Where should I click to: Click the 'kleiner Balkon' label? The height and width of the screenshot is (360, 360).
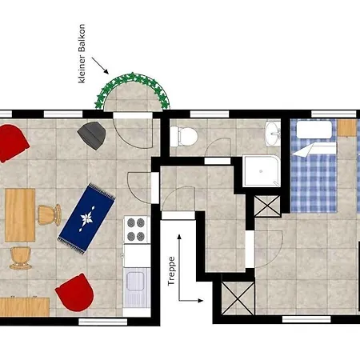(82, 54)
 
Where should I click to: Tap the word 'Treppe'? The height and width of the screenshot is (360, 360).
(171, 271)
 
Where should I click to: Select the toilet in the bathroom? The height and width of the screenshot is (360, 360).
(184, 136)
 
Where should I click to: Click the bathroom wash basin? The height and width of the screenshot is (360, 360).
(273, 134)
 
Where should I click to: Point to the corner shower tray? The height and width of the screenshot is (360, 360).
(262, 170)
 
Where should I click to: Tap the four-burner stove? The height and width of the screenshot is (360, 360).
(136, 230)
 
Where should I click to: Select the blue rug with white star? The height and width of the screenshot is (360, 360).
(86, 218)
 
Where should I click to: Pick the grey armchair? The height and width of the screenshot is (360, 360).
(92, 135)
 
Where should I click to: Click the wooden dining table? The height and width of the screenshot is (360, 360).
(20, 215)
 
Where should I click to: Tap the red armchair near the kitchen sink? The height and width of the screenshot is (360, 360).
(75, 292)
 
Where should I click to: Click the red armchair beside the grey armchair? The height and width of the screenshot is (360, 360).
(14, 143)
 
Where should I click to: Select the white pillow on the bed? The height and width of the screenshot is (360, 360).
(314, 130)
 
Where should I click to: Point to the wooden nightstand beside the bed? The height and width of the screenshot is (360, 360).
(347, 128)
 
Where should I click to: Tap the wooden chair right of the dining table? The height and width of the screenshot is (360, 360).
(50, 215)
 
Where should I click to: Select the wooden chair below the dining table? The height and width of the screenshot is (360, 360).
(21, 258)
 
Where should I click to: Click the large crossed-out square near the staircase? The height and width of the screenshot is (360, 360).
(238, 298)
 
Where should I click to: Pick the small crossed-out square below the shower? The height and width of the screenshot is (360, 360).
(267, 206)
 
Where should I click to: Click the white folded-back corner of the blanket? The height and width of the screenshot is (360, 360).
(314, 150)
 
